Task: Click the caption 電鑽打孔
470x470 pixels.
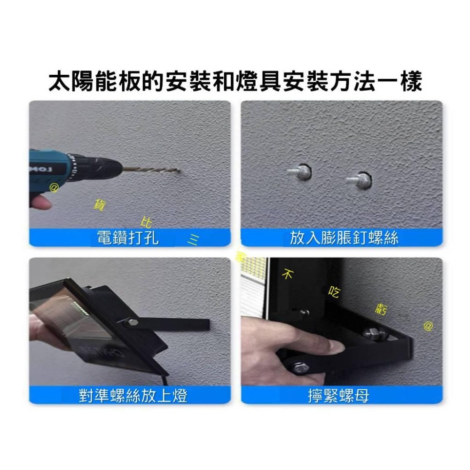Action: tap(127, 238)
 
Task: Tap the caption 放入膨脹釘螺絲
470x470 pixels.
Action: tap(344, 238)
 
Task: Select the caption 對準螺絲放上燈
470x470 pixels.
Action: tap(133, 396)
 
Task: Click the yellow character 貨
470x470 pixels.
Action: tap(99, 204)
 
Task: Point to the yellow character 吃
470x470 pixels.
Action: tap(334, 293)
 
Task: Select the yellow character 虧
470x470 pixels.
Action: tap(381, 309)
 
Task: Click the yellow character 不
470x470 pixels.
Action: tap(288, 274)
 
